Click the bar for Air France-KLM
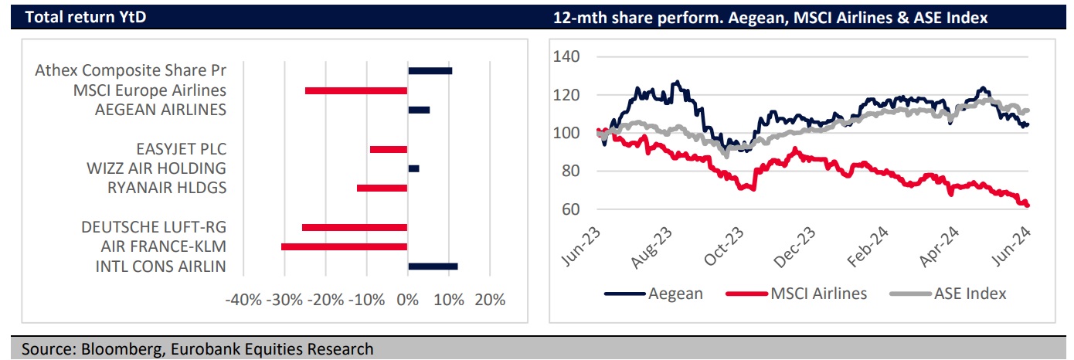345,246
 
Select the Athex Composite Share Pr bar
430,70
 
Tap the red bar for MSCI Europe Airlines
356,90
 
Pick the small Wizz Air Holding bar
413,168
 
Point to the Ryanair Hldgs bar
382,188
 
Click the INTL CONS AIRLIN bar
433,267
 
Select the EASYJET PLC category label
181,149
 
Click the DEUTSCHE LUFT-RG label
154,228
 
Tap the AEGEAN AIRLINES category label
161,110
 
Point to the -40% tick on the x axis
243,300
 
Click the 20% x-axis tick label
489,300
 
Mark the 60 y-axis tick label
569,209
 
